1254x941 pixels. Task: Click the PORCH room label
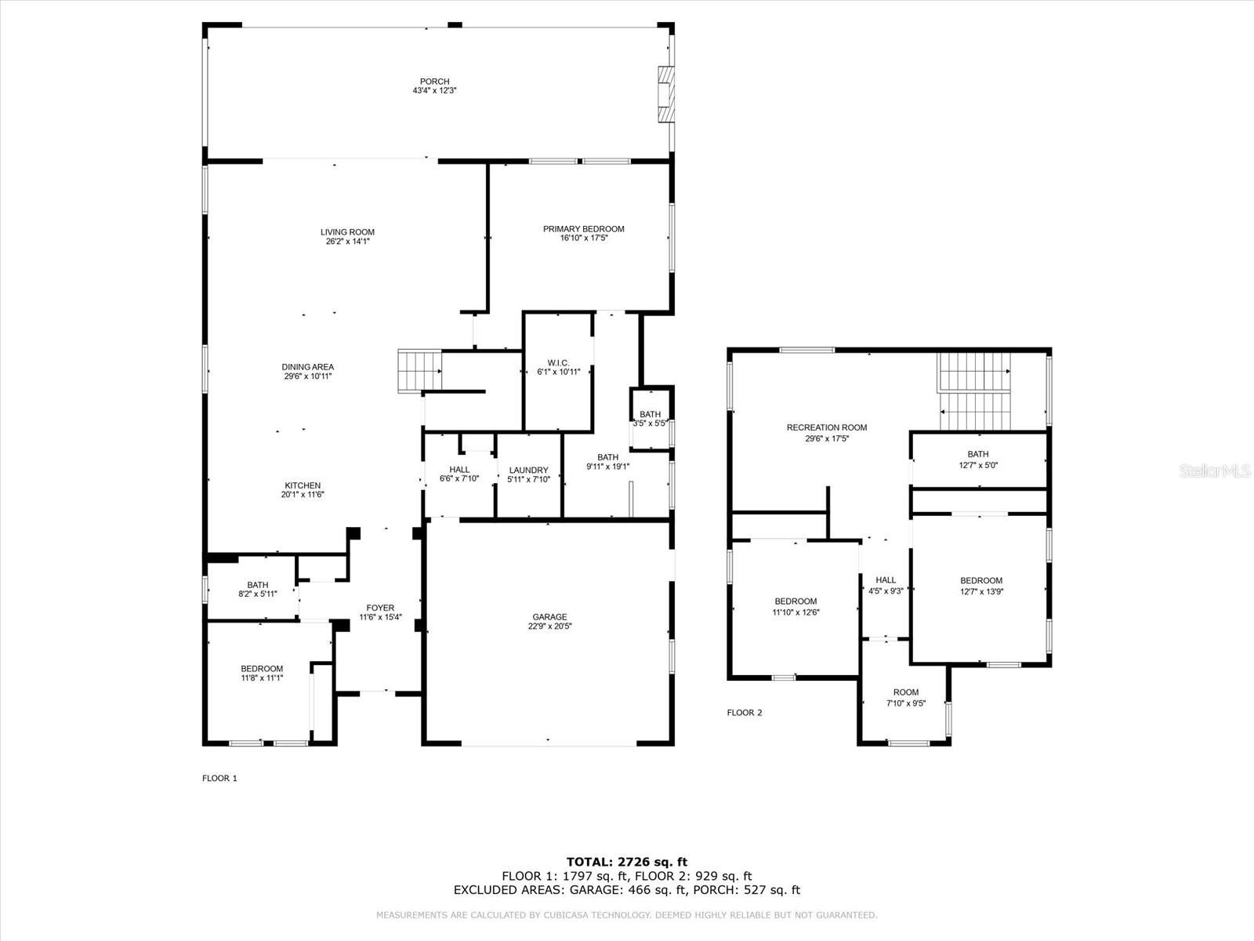pyautogui.click(x=434, y=82)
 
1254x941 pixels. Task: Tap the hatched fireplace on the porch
pyautogui.click(x=666, y=94)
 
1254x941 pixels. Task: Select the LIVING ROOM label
pyautogui.click(x=347, y=232)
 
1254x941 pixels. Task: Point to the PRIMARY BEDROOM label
pyautogui.click(x=583, y=229)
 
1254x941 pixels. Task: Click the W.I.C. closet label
pyautogui.click(x=558, y=363)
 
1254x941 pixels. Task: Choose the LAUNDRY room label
pyautogui.click(x=528, y=470)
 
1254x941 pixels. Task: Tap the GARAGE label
pyautogui.click(x=549, y=617)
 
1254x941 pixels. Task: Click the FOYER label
pyautogui.click(x=380, y=608)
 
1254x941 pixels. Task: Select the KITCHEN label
pyautogui.click(x=303, y=485)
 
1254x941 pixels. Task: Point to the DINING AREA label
pyautogui.click(x=307, y=367)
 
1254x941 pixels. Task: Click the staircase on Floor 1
pyautogui.click(x=420, y=371)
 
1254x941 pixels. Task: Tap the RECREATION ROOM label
pyautogui.click(x=827, y=427)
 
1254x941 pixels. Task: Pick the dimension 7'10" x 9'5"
pyautogui.click(x=906, y=703)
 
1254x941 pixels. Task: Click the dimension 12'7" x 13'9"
pyautogui.click(x=981, y=591)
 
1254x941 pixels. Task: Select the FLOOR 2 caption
pyautogui.click(x=745, y=713)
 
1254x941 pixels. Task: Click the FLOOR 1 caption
pyautogui.click(x=219, y=778)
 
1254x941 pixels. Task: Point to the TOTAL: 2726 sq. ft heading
pyautogui.click(x=627, y=862)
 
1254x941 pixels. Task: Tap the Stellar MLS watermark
pyautogui.click(x=1215, y=470)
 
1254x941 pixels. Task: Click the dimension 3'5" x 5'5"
pyautogui.click(x=651, y=423)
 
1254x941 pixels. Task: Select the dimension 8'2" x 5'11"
pyautogui.click(x=258, y=594)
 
